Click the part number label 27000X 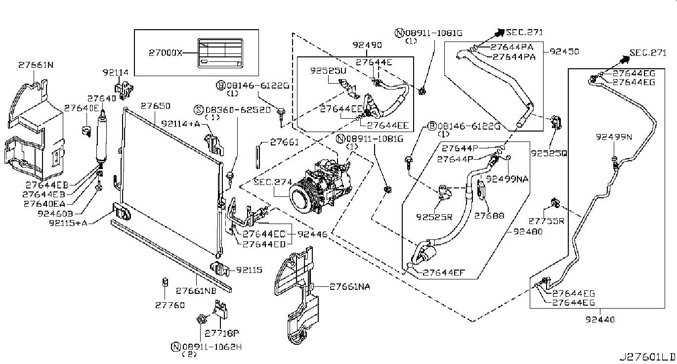click(x=166, y=53)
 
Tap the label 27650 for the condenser click(x=156, y=106)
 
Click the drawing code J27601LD click(x=647, y=357)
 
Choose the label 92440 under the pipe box click(x=600, y=319)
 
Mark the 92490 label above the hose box click(x=367, y=45)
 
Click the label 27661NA click(x=349, y=286)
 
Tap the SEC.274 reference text click(x=273, y=182)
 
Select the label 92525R click(x=434, y=217)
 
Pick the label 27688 click(x=489, y=216)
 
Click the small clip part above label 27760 click(x=166, y=282)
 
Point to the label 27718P click(x=222, y=333)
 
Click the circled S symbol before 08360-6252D click(x=199, y=109)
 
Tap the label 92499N click(x=614, y=137)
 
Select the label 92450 click(x=564, y=51)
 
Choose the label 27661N click(x=36, y=65)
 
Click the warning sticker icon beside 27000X click(x=220, y=53)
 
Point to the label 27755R click(x=546, y=221)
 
